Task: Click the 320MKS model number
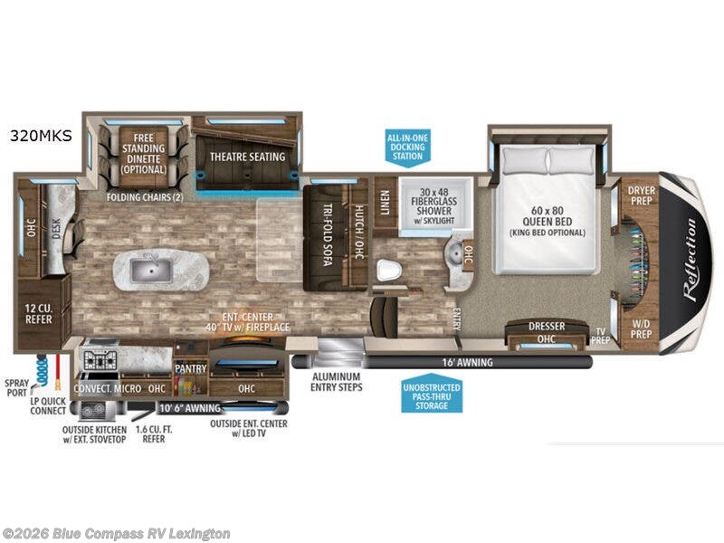40,138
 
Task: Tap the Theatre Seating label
247,157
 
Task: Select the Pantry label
191,369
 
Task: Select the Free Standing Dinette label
144,153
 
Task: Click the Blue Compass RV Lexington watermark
117,533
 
